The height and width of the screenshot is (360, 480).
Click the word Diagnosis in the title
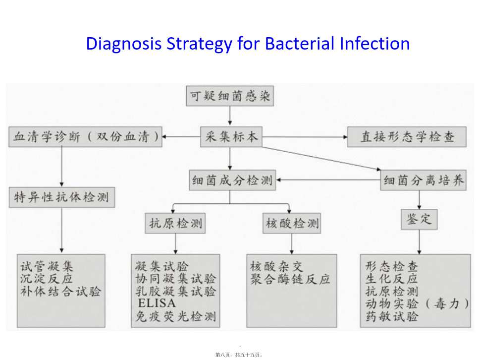(x=124, y=44)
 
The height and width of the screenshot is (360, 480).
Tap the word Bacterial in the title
(x=299, y=44)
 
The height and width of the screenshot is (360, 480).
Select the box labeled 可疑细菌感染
(x=230, y=96)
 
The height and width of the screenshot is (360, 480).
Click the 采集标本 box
(x=231, y=137)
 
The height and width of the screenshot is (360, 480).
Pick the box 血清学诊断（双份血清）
(x=85, y=137)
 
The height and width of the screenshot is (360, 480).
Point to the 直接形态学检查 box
(x=407, y=137)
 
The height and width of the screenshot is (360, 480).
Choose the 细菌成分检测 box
(x=232, y=180)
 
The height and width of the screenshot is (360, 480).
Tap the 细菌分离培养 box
(x=424, y=180)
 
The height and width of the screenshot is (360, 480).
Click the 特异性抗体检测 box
(x=62, y=197)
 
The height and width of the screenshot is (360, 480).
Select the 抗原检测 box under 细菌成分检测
(x=175, y=223)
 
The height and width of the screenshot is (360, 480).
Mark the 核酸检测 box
(x=292, y=223)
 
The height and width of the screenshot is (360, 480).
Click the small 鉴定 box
(x=419, y=219)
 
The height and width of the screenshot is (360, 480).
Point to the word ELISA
(x=157, y=303)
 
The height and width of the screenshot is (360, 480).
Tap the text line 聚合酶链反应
(x=290, y=279)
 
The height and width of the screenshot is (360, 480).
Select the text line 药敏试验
(x=391, y=316)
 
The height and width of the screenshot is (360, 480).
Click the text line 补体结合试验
(x=60, y=292)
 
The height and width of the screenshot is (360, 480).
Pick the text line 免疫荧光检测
(x=176, y=316)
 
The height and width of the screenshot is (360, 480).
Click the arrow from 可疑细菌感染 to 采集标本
(x=230, y=116)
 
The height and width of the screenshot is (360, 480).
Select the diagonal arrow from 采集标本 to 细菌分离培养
(x=321, y=158)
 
